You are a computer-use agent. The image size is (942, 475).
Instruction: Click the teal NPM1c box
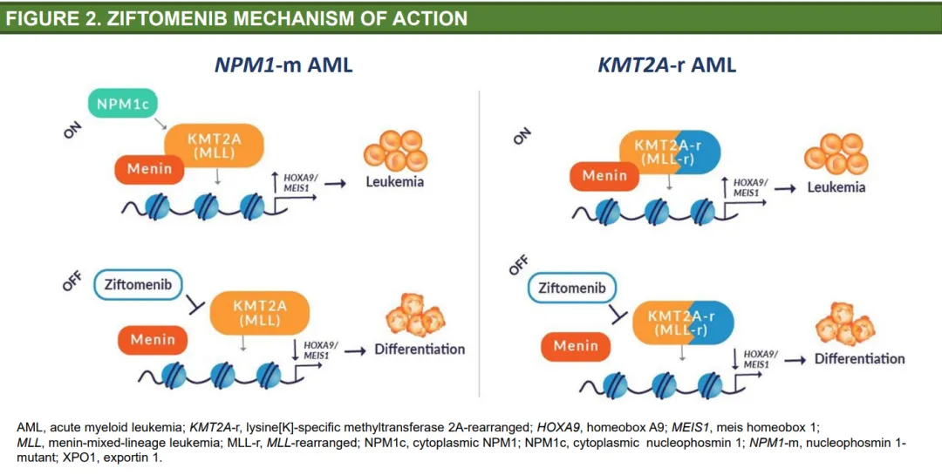[123, 104]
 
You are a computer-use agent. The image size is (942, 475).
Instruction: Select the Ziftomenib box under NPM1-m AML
[138, 285]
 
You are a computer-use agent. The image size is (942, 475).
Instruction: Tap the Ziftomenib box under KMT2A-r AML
[572, 288]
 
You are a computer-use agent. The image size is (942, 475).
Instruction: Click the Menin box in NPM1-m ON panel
[150, 169]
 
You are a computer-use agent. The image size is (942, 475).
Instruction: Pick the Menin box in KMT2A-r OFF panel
[576, 346]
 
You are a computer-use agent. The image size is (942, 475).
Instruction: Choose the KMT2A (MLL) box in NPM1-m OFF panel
[260, 313]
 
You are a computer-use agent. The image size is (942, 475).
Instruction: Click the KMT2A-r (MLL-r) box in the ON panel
[669, 152]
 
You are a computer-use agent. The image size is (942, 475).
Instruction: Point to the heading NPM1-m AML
[283, 64]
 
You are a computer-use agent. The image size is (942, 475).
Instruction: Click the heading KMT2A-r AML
[667, 64]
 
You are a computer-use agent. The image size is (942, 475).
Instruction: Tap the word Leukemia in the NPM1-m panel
[395, 181]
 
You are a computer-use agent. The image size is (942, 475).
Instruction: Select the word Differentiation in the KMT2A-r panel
[860, 358]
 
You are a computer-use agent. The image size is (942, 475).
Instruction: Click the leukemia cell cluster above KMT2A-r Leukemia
[836, 153]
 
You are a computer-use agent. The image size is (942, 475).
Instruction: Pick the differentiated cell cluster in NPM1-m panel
[415, 315]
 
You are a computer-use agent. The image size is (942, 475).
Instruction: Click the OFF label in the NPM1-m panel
[72, 281]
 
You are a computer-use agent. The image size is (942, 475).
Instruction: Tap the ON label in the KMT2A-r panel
[522, 136]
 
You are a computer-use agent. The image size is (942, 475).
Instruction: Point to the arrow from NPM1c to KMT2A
[160, 124]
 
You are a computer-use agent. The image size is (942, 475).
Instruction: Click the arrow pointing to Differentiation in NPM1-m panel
[355, 350]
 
